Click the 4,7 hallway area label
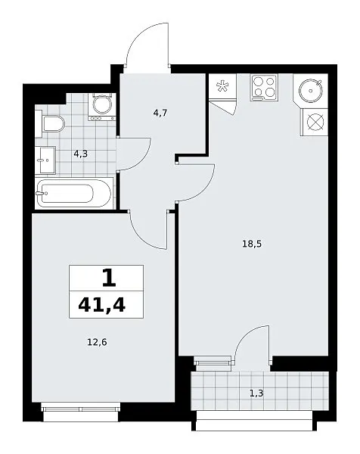point(160,113)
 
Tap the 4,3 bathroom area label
point(80,154)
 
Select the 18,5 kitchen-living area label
point(252,244)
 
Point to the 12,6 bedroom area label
point(97,342)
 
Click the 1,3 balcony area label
point(256,393)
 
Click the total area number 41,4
point(102,305)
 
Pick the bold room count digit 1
point(109,278)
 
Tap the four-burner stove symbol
point(264,87)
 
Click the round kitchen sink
point(310,91)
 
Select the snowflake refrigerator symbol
point(222,86)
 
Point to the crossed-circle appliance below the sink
point(315,122)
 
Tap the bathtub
point(74,193)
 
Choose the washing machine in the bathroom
point(102,107)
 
